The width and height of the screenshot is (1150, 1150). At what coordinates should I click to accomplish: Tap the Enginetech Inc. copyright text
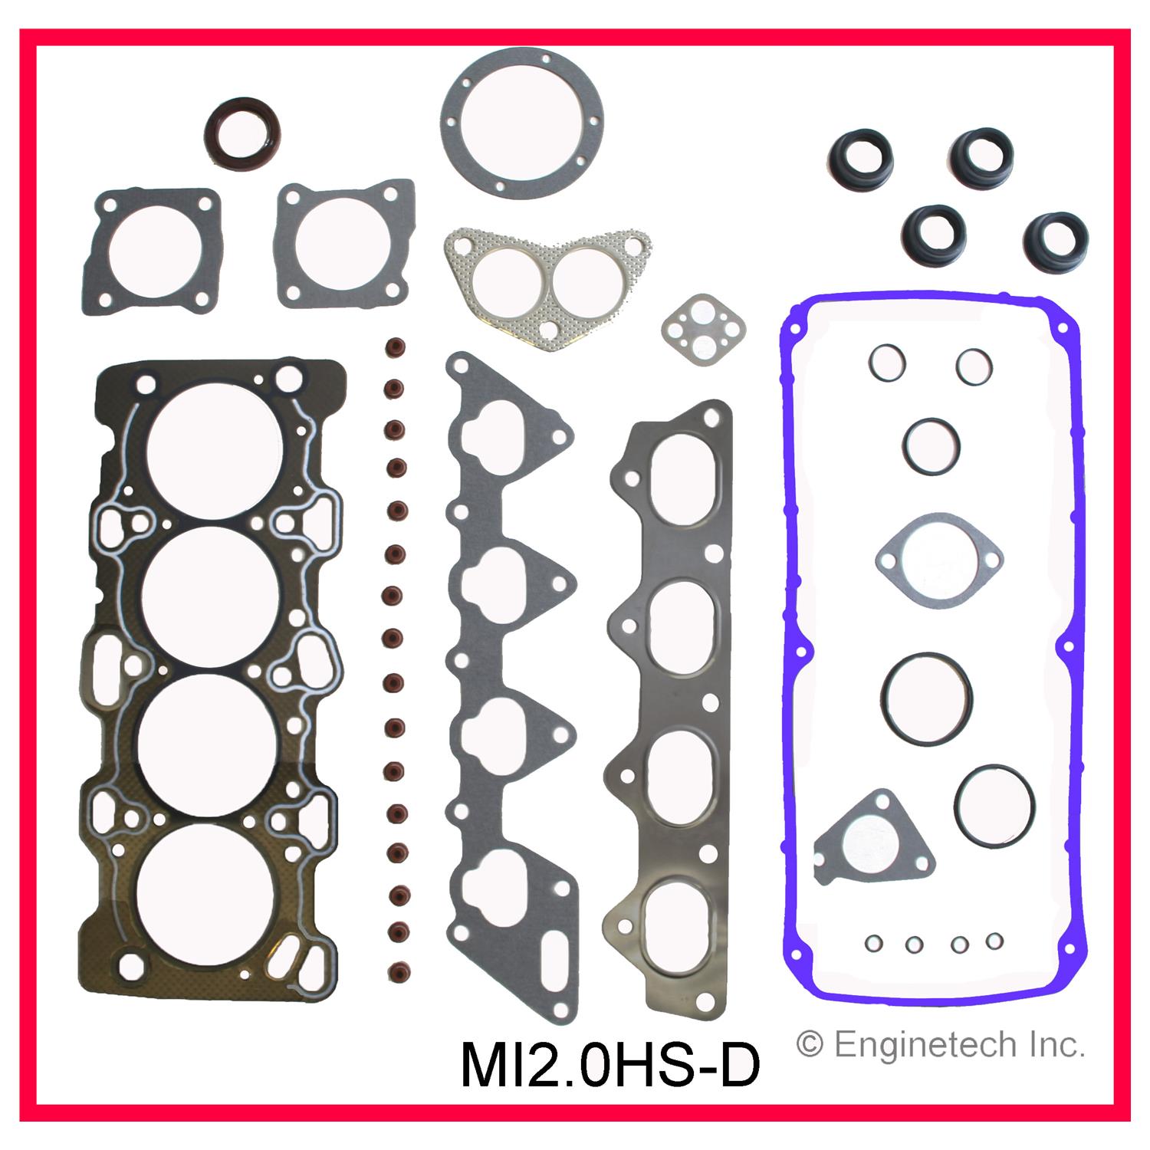(941, 1046)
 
